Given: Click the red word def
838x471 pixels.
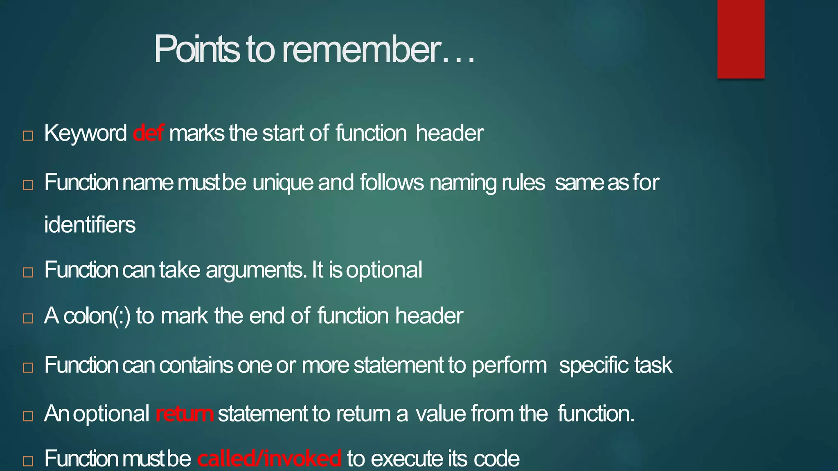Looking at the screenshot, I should (x=148, y=133).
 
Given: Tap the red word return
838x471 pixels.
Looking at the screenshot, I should (x=185, y=414).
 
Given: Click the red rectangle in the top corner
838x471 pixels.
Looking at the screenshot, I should (x=741, y=39).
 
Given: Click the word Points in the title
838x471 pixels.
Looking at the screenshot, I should (x=196, y=49).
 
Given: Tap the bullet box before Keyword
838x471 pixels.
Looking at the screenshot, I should (x=28, y=136).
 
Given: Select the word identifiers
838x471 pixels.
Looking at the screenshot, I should (x=90, y=225).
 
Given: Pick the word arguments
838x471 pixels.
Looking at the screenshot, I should (x=256, y=270).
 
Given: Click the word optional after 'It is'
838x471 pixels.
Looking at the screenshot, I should (x=384, y=270).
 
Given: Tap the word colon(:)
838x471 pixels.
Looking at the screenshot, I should (x=97, y=316).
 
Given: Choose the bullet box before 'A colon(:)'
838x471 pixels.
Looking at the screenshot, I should (x=28, y=318).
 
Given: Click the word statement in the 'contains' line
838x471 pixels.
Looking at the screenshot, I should (x=398, y=365).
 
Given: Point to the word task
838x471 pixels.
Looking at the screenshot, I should (x=653, y=365).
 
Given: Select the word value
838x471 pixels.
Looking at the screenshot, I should (x=440, y=414).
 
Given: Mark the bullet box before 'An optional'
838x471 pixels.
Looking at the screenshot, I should (x=28, y=416).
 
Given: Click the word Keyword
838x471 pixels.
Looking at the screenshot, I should (x=86, y=133).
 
